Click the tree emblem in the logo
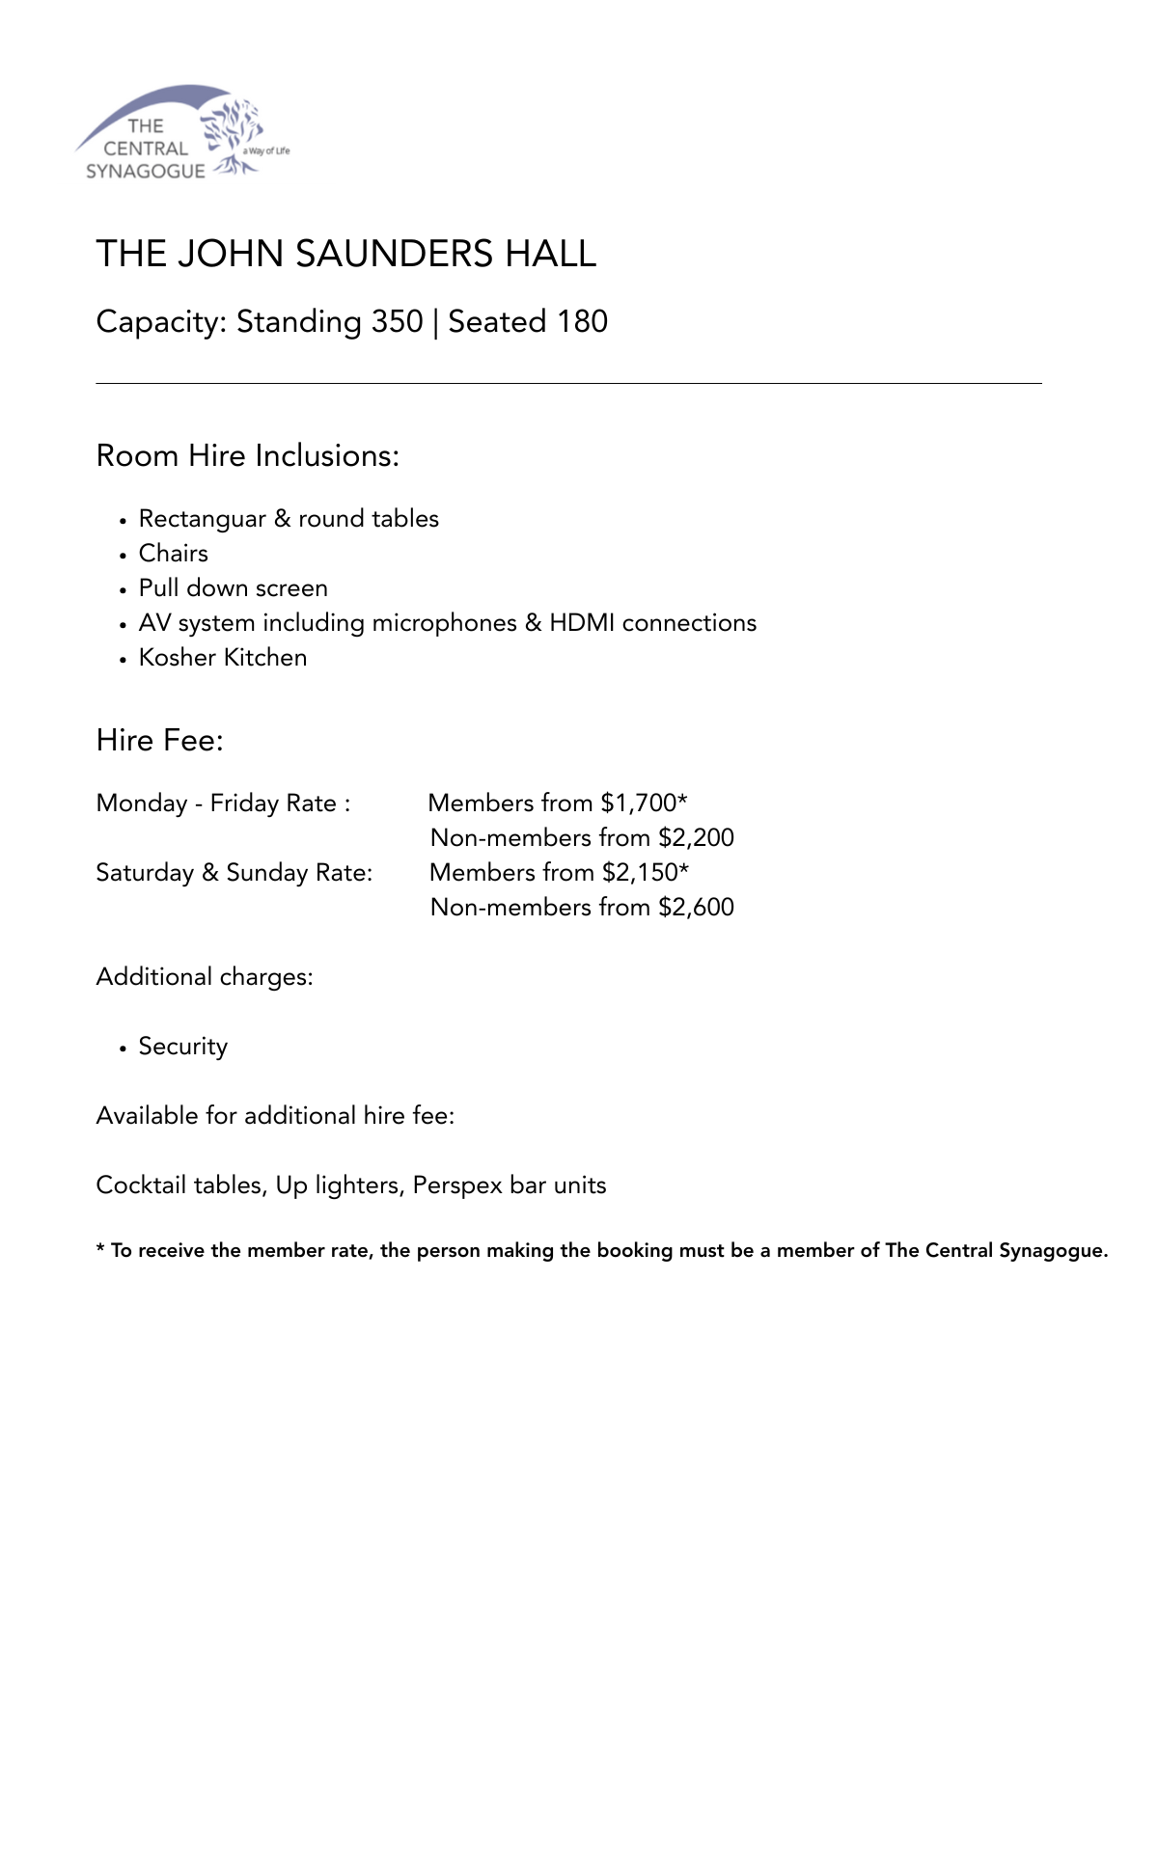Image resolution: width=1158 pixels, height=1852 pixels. pos(233,135)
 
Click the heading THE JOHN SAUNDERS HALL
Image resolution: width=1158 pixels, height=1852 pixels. pos(346,254)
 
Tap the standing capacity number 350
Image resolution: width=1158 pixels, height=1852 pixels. pos(397,321)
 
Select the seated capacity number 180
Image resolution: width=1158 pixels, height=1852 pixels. pos(582,321)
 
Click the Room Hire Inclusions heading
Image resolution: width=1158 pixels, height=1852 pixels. pos(247,455)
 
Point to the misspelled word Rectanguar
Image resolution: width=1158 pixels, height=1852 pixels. pos(202,519)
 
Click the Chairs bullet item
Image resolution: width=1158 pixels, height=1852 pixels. pos(174,554)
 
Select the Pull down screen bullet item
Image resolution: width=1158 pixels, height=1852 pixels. pos(233,588)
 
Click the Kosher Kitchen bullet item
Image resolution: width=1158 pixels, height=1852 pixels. pos(223,658)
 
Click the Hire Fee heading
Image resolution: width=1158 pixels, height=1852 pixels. pos(159,741)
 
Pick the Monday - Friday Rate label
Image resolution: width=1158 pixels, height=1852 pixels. pos(223,803)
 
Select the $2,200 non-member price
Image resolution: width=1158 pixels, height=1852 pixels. pos(696,838)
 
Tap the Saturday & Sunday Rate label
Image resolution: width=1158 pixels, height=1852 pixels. pos(234,873)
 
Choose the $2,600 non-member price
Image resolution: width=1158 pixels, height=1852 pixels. pos(696,908)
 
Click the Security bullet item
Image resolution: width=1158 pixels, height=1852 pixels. pos(183,1047)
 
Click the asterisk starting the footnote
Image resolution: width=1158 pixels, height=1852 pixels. pos(100,1249)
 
